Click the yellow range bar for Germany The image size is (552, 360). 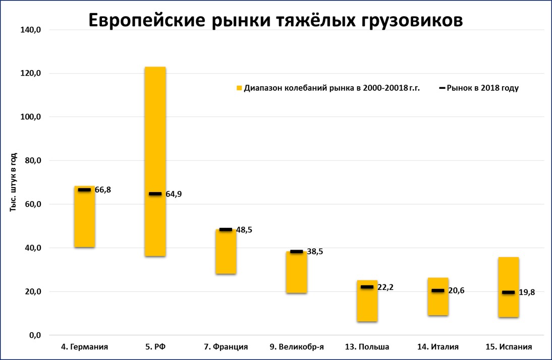[x=84, y=222]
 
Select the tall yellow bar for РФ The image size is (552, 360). [x=155, y=126]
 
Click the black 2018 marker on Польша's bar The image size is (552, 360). [x=367, y=287]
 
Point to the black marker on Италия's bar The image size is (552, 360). [x=437, y=290]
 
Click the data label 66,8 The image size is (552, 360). [x=102, y=190]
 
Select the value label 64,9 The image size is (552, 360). [x=173, y=194]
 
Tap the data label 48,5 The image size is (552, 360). [x=244, y=230]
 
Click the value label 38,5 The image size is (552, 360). [x=314, y=252]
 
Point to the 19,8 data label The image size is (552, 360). [x=526, y=292]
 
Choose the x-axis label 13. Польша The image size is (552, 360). [x=367, y=347]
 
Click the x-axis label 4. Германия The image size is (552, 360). [x=84, y=347]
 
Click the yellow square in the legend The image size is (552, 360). [x=239, y=88]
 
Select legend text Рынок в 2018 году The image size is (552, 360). [x=482, y=88]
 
